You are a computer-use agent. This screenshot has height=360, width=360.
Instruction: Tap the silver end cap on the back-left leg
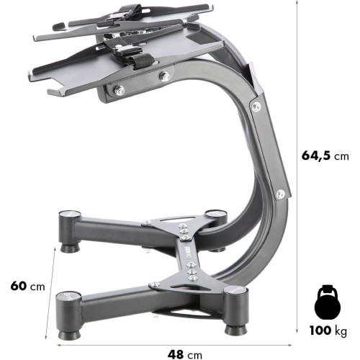pyautogui.click(x=69, y=215)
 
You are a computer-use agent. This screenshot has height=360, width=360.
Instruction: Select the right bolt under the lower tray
pyautogui.click(x=166, y=76)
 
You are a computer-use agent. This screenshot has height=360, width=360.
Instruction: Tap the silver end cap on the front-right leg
pyautogui.click(x=232, y=291)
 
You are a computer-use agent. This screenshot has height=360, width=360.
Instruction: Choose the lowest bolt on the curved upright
pyautogui.click(x=280, y=194)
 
